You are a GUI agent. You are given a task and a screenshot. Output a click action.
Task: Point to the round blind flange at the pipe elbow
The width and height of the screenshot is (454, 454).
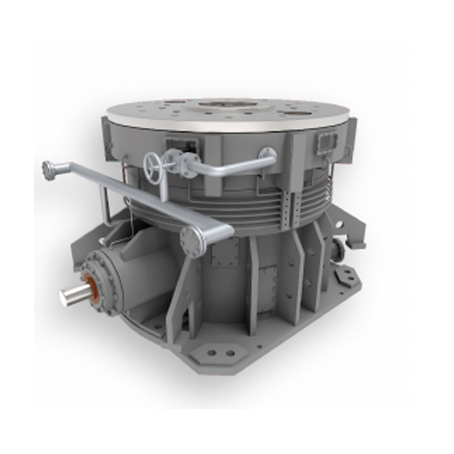point(192,240)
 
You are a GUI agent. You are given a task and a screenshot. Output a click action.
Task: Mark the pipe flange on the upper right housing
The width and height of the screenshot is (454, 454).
point(267,154)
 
